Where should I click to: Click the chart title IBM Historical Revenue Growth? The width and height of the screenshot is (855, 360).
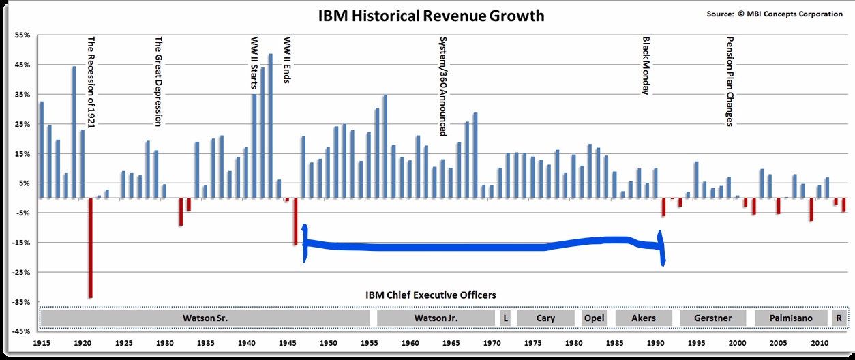click(431, 16)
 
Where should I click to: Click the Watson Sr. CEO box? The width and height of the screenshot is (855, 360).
click(205, 318)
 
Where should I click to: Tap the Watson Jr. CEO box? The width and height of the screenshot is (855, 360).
click(436, 318)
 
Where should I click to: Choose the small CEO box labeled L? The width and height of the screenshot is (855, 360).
click(505, 318)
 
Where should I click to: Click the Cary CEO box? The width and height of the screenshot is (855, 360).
click(545, 318)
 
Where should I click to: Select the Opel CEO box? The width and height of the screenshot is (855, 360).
click(595, 318)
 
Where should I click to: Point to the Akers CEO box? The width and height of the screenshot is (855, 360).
click(644, 318)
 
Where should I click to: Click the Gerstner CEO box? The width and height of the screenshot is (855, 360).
click(712, 318)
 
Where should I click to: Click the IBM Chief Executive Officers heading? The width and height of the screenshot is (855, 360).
click(431, 295)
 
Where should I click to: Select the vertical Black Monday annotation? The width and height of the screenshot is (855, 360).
click(646, 65)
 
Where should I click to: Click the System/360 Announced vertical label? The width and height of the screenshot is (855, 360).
click(443, 86)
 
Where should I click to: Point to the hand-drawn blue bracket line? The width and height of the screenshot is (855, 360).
click(477, 247)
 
